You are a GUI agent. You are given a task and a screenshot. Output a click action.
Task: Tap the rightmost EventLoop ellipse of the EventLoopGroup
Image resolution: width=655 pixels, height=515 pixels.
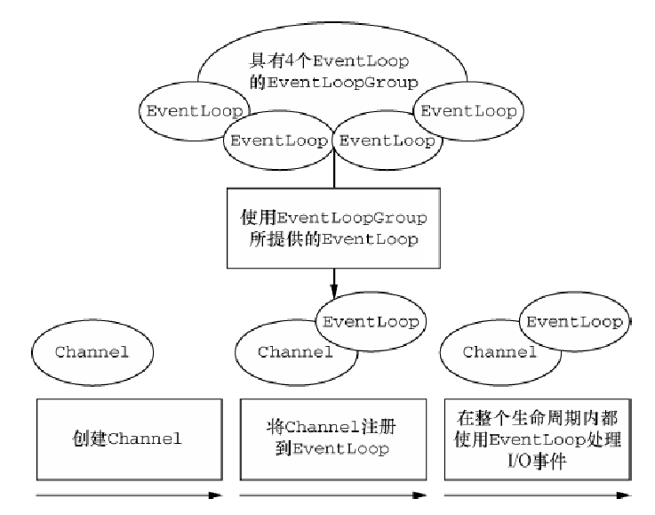tap(470, 110)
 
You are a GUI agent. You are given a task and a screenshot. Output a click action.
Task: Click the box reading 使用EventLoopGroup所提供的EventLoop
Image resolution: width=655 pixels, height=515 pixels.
tap(333, 228)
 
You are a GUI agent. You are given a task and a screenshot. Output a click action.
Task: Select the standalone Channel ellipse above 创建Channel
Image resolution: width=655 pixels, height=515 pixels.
tap(92, 351)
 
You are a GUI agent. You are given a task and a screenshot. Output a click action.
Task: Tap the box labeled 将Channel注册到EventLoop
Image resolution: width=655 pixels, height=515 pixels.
tap(333, 439)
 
